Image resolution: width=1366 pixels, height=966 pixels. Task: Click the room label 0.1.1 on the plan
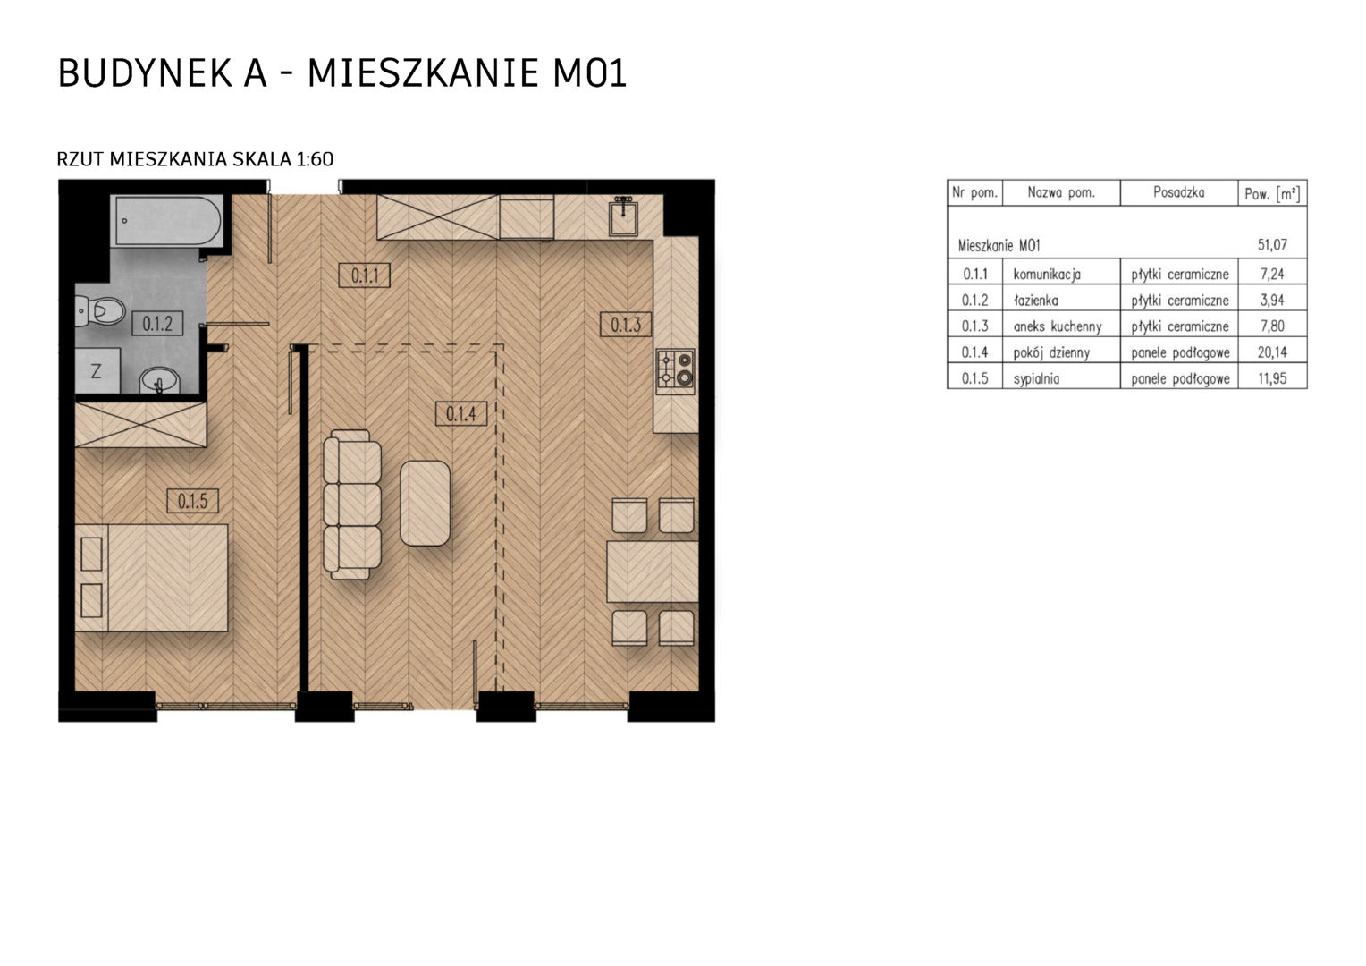[x=364, y=275]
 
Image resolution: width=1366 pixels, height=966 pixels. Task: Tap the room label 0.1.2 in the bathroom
[x=157, y=324]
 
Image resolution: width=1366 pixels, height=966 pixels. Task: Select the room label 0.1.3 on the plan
[x=626, y=325]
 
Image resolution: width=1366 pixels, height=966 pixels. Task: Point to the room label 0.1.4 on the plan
[x=461, y=414]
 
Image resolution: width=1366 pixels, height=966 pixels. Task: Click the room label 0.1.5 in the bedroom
[x=193, y=501]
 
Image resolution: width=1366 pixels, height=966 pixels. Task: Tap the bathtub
[x=166, y=220]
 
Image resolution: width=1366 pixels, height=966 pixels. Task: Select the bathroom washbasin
[x=159, y=381]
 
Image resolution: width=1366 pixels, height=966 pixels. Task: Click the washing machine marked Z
[x=97, y=371]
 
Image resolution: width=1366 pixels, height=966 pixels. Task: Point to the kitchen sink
[x=623, y=217]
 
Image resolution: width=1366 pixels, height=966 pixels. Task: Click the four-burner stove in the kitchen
[x=676, y=371]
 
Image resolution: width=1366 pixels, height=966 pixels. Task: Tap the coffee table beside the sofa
[x=425, y=503]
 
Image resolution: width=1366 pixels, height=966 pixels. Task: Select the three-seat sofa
[x=352, y=504]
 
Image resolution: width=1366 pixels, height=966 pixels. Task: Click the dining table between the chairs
[x=653, y=572]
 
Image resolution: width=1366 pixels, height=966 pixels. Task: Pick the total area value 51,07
[x=1272, y=245]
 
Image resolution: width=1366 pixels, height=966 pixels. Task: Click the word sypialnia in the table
[x=1036, y=379]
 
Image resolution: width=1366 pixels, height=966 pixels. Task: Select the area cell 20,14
[x=1272, y=352]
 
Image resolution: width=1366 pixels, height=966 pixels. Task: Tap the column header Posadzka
[x=1179, y=193]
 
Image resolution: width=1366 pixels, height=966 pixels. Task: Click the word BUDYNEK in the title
[x=145, y=73]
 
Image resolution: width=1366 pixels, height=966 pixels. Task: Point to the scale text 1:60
[x=315, y=159]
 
